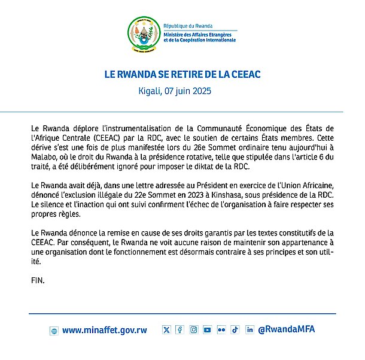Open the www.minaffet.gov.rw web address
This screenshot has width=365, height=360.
pos(105,330)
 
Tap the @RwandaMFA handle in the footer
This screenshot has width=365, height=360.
pos(287,329)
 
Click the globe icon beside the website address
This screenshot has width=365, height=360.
pos(53,331)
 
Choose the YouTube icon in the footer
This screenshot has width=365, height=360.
pos(207,329)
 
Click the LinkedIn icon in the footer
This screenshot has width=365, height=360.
pos(250,329)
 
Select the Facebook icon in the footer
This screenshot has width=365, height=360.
pos(180,329)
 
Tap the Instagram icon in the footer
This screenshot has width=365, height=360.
pos(193,329)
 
